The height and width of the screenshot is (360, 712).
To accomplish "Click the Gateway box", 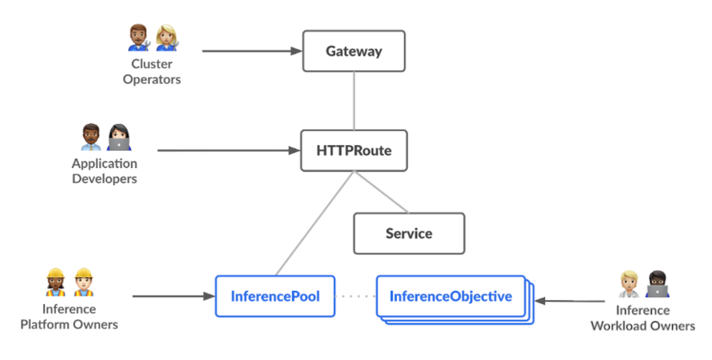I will click(353, 51).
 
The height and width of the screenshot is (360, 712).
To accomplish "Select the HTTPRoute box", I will click(353, 150).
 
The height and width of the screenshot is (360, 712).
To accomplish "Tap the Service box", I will click(409, 233).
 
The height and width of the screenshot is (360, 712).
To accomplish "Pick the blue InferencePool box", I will click(275, 296).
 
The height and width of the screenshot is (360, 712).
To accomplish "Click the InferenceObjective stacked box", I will click(451, 296).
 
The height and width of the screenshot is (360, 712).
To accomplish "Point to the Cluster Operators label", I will click(152, 72).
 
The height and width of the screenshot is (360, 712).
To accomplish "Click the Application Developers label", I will click(105, 171).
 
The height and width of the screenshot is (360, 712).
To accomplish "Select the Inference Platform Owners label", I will click(69, 316).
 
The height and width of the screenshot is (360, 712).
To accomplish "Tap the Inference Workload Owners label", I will click(642, 318).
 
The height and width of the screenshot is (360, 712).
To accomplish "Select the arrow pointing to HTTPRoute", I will click(227, 150).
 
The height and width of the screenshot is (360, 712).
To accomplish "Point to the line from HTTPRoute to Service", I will click(381, 192).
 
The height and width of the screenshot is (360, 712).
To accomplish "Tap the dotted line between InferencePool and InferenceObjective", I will click(355, 297).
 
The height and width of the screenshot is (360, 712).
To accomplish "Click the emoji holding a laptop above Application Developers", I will click(119, 136).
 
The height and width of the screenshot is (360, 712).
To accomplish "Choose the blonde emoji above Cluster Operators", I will click(167, 38).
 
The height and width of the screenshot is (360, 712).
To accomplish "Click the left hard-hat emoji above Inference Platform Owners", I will click(55, 282).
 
